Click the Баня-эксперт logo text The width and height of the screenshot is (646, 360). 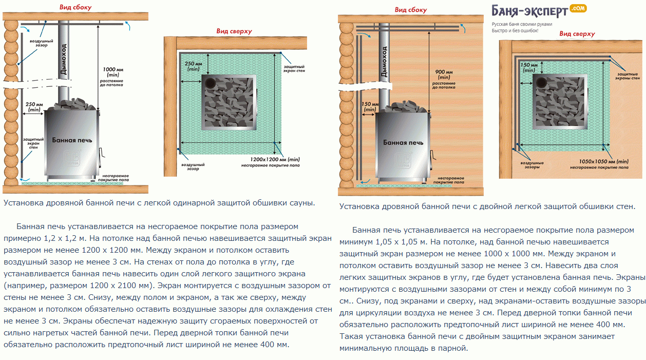tap(529, 11)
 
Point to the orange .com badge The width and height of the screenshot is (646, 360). tap(578, 8)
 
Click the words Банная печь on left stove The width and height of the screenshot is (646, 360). tap(72, 140)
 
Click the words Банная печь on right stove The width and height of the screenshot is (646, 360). tap(403, 142)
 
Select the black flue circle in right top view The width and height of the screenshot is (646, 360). tap(540, 82)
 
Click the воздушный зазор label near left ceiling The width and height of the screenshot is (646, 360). tap(40, 43)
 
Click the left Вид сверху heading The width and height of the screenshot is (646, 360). tap(234, 31)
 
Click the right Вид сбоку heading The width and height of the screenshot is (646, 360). tap(410, 10)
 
